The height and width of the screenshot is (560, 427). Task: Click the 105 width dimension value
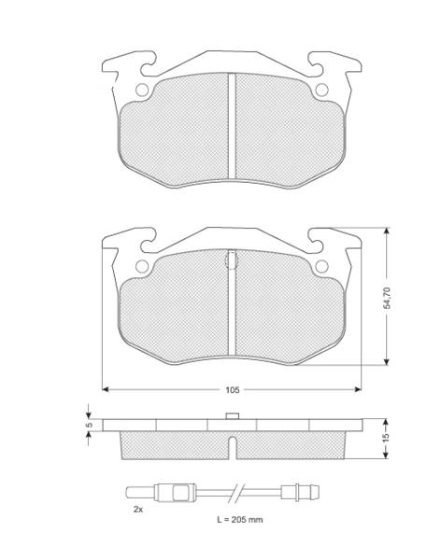tap(232, 389)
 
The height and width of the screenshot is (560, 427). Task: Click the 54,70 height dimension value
tap(387, 298)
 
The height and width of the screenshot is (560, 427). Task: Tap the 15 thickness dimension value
tap(386, 439)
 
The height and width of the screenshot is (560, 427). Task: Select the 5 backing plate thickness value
tap(90, 425)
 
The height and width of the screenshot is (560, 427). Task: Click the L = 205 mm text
tap(239, 520)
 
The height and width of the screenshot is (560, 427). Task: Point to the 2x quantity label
tap(138, 510)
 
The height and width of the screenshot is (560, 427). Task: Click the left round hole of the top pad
tap(142, 90)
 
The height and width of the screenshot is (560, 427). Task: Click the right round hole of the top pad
tap(321, 90)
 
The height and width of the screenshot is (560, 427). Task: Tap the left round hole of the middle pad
tap(142, 266)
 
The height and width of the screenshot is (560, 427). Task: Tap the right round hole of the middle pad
tap(321, 266)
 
